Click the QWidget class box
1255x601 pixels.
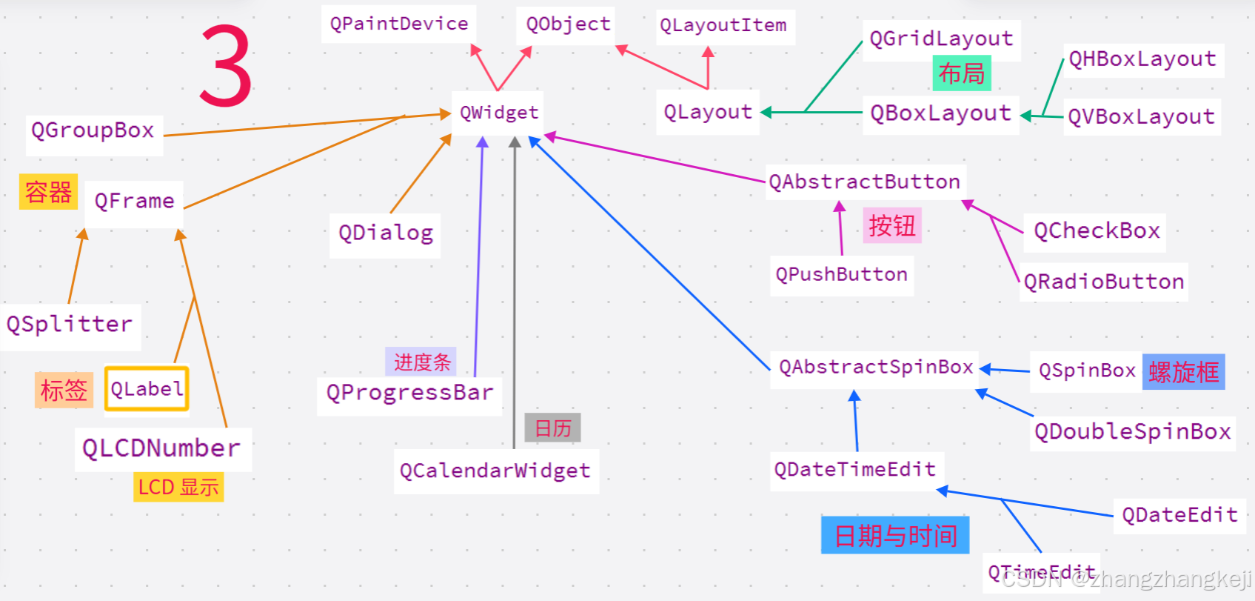tap(498, 113)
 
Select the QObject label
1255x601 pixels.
tap(568, 24)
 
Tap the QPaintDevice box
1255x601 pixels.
tap(399, 24)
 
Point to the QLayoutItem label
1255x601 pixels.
tap(723, 26)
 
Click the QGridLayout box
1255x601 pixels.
tap(941, 39)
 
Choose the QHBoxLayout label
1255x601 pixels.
tap(1142, 59)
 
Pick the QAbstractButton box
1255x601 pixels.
tap(864, 182)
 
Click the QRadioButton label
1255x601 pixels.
tap(1104, 282)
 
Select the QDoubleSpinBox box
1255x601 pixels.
tap(1133, 432)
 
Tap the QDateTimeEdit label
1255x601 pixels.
tap(855, 470)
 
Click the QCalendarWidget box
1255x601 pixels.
tap(495, 471)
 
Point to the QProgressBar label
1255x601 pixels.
tap(409, 393)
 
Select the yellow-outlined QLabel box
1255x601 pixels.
tap(147, 389)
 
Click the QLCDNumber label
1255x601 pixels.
tap(161, 449)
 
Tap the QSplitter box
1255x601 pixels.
tap(70, 325)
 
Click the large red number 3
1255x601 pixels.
tap(226, 65)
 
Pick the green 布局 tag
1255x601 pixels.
tap(961, 74)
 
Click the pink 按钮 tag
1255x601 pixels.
tap(892, 226)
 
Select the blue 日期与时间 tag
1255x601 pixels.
tap(895, 536)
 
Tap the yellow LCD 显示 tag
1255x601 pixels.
tap(178, 488)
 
